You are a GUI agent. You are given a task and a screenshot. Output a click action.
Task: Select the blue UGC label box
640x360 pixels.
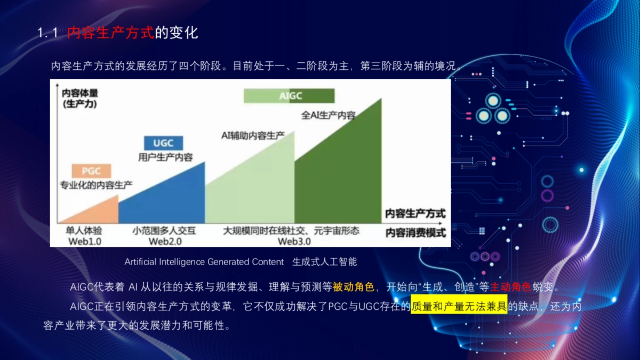(x=163, y=143)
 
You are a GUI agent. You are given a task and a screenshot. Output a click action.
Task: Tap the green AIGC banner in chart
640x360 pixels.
(x=289, y=96)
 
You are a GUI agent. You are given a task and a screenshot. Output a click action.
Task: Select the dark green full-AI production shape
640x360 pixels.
(x=341, y=171)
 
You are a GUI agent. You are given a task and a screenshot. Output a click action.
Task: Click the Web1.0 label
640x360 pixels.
(x=84, y=241)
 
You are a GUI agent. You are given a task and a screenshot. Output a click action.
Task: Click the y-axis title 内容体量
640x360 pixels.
(x=80, y=93)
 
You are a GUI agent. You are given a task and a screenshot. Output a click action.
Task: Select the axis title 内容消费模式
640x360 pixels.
(x=415, y=233)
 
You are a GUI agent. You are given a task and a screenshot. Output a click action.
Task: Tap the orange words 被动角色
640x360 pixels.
(x=353, y=287)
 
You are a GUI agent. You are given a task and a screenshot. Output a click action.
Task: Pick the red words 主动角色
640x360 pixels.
(x=510, y=287)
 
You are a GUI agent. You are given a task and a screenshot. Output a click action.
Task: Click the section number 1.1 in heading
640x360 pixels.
(x=47, y=33)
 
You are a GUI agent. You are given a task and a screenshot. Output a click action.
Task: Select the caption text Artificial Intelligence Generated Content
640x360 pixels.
(x=204, y=262)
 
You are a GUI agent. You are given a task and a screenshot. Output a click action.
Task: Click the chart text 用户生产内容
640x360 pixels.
(x=165, y=157)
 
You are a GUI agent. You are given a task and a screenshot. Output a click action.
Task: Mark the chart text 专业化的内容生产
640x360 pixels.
(x=96, y=185)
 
